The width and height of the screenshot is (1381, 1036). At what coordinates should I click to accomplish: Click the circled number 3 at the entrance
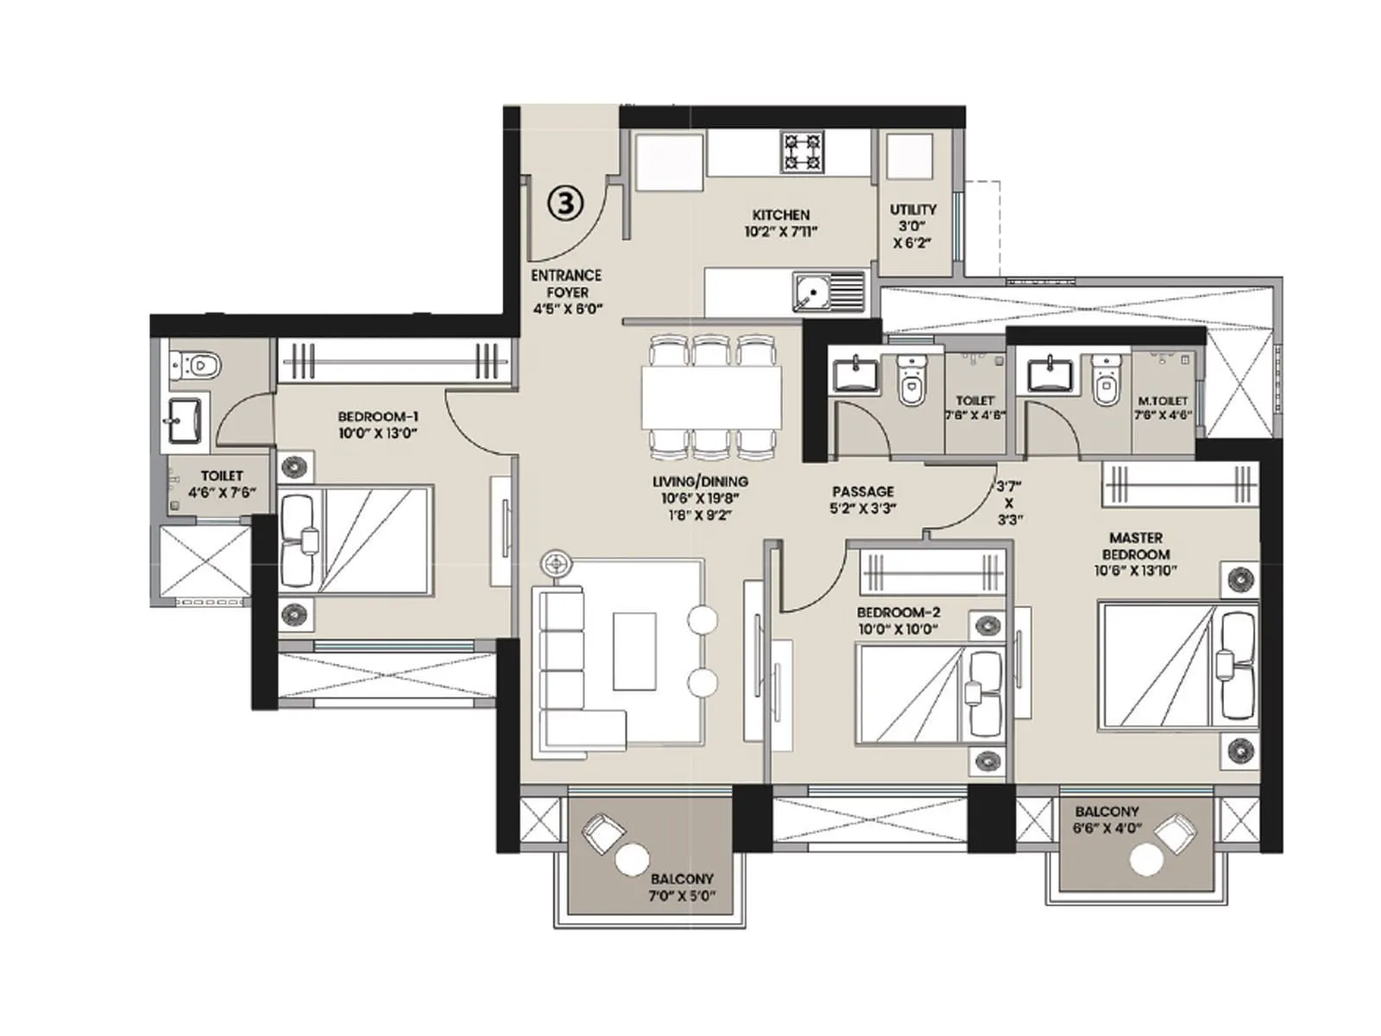click(x=565, y=203)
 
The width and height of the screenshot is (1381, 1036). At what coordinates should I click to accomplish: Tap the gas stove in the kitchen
click(x=802, y=152)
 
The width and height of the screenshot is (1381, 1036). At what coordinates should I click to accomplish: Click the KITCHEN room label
click(x=780, y=215)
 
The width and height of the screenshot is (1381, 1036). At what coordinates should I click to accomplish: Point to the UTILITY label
click(x=912, y=210)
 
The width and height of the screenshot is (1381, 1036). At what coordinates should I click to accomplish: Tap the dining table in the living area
click(x=711, y=397)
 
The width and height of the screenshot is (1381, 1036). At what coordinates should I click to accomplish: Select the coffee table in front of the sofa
click(x=634, y=651)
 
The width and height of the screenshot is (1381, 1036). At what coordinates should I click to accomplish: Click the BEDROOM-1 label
click(x=378, y=417)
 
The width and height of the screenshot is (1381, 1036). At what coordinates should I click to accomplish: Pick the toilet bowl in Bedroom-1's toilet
click(x=199, y=366)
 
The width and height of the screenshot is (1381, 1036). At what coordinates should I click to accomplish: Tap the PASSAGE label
click(x=862, y=491)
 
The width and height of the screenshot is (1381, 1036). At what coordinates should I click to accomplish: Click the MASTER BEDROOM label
click(x=1135, y=546)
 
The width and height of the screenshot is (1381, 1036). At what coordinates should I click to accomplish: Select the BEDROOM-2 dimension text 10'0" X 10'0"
click(x=898, y=629)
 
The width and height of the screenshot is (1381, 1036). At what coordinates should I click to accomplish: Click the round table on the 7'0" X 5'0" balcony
click(x=632, y=861)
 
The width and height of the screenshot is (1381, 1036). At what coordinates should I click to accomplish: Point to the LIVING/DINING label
click(x=700, y=482)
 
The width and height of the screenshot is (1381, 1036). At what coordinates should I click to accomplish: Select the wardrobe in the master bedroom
click(x=1179, y=483)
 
